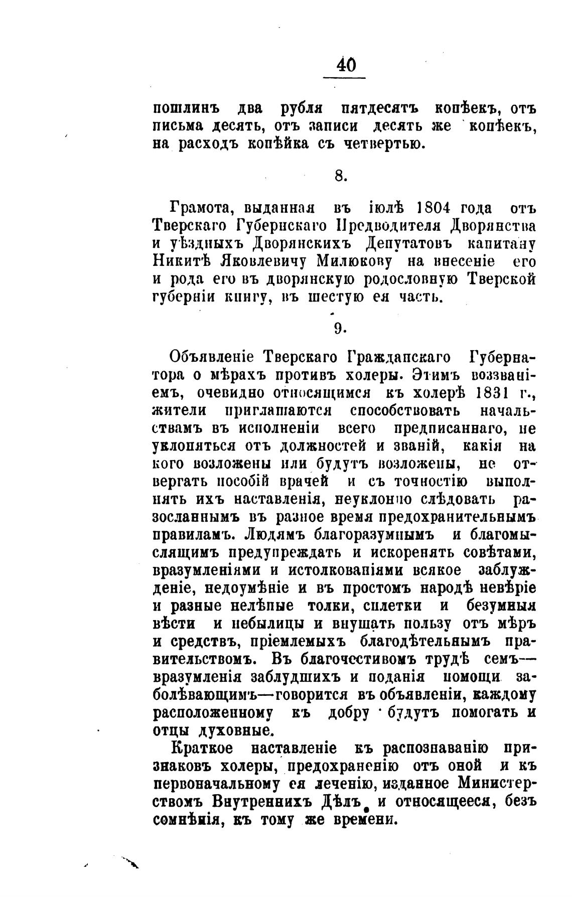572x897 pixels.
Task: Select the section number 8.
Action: point(340,176)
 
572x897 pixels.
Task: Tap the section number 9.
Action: point(340,329)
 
